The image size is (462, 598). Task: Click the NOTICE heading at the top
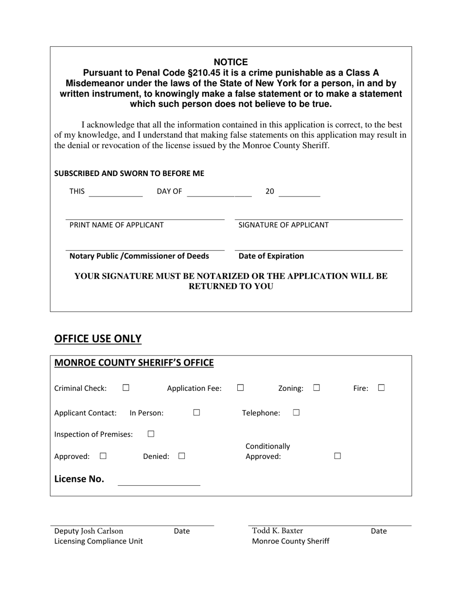pyautogui.click(x=231, y=62)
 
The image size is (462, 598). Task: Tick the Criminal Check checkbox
pyautogui.click(x=126, y=388)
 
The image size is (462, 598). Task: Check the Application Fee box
pyautogui.click(x=240, y=388)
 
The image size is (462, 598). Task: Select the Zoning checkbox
pyautogui.click(x=317, y=388)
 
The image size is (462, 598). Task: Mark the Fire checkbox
pyautogui.click(x=381, y=388)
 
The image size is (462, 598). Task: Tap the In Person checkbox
pyautogui.click(x=196, y=413)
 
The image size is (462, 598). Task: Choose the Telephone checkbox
pyautogui.click(x=296, y=413)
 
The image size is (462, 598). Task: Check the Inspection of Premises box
pyautogui.click(x=151, y=434)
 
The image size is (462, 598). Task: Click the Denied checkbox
pyautogui.click(x=181, y=456)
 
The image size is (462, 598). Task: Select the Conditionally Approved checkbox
pyautogui.click(x=338, y=456)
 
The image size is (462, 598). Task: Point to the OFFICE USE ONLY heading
pyautogui.click(x=98, y=339)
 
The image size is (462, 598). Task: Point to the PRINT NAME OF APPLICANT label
pyautogui.click(x=117, y=225)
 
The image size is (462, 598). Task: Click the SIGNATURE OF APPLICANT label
pyautogui.click(x=284, y=225)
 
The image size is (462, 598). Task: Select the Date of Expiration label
pyautogui.click(x=271, y=256)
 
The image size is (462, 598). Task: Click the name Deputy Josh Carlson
pyautogui.click(x=89, y=531)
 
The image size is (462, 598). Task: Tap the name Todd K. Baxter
pyautogui.click(x=277, y=530)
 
